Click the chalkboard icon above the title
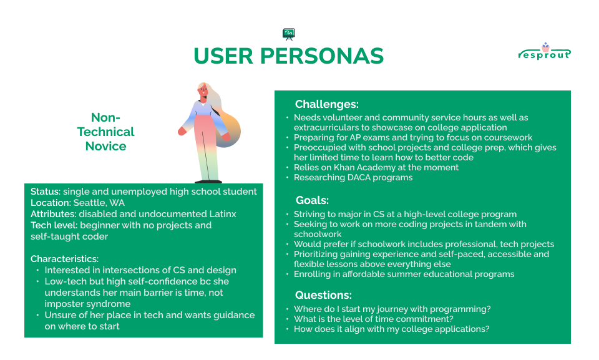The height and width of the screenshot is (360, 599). click(289, 34)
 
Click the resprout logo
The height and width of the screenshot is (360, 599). click(545, 52)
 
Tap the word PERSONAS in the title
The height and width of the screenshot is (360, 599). click(322, 56)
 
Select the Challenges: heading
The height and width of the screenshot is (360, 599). click(326, 104)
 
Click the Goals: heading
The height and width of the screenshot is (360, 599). click(312, 200)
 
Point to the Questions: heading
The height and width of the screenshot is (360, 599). click(323, 295)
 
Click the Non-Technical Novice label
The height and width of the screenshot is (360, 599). click(106, 132)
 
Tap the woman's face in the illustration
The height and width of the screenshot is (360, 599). click(203, 91)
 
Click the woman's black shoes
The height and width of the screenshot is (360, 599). click(208, 182)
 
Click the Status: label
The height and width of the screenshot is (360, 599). click(46, 192)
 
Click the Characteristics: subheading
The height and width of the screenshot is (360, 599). click(64, 259)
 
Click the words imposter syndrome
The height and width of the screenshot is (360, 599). click(87, 304)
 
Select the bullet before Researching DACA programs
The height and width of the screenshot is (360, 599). click(287, 178)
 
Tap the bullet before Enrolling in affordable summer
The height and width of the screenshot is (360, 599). click(287, 275)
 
